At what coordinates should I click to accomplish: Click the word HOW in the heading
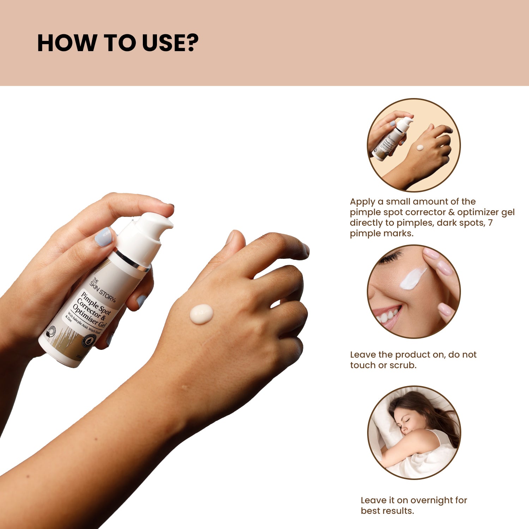pos(67,43)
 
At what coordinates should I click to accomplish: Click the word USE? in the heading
pos(171,43)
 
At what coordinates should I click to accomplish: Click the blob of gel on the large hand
pos(201,314)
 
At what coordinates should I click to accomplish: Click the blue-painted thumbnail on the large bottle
pos(103,237)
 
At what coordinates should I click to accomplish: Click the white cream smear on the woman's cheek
pos(413,279)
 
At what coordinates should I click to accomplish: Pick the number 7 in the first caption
pos(490,223)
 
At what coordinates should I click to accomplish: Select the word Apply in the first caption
pos(362,202)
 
